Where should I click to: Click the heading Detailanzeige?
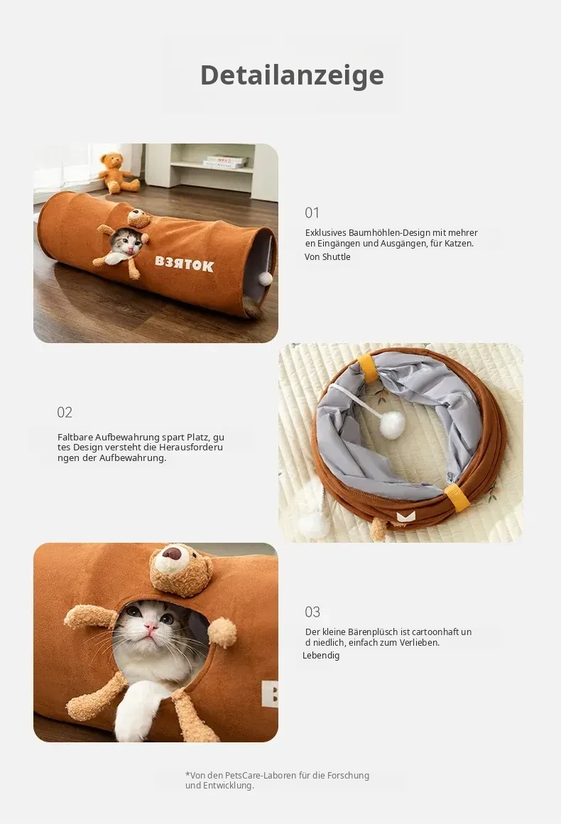click(x=292, y=75)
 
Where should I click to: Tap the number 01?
click(x=312, y=212)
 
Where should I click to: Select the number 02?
click(x=65, y=413)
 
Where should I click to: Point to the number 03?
click(x=312, y=612)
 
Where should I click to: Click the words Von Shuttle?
click(x=327, y=257)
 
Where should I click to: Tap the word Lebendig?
click(x=321, y=656)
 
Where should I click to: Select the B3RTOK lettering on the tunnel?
click(x=185, y=264)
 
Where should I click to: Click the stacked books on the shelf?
click(x=226, y=162)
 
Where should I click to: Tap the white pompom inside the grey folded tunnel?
click(x=392, y=426)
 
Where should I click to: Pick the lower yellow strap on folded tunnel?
click(x=457, y=497)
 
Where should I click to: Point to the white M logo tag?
click(x=406, y=516)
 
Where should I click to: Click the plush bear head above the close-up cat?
click(x=180, y=570)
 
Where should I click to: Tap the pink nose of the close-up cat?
click(x=151, y=627)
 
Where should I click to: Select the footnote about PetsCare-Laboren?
click(x=277, y=781)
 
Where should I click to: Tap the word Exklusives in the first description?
click(x=325, y=232)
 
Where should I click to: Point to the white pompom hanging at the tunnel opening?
click(x=266, y=278)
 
